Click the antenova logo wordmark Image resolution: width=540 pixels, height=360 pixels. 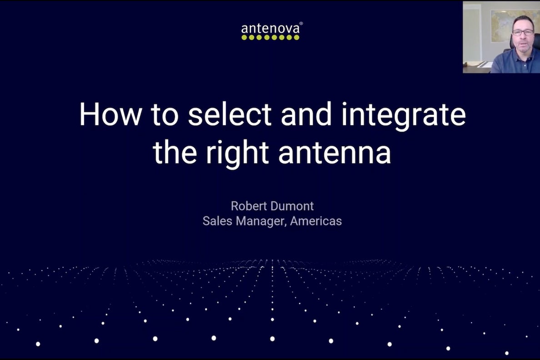pos(270,29)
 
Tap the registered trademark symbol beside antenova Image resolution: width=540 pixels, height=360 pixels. pos(301,24)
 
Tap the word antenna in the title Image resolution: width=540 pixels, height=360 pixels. pos(335,153)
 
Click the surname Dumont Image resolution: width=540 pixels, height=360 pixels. pos(294,206)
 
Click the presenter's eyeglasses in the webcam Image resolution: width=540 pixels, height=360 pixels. pos(523,32)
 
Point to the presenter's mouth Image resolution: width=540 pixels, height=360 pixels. pos(523,44)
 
